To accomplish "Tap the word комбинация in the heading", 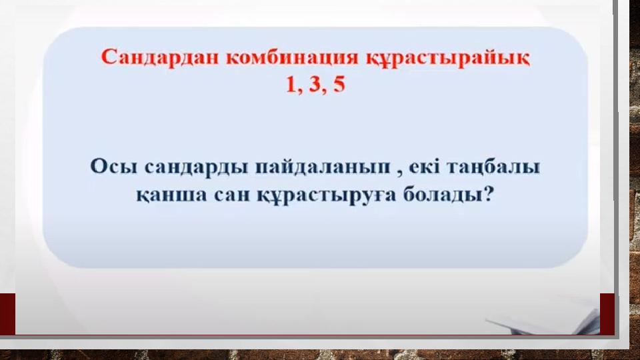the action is click(x=292, y=57).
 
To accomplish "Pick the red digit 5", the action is click(x=339, y=85).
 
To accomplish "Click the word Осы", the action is click(x=113, y=167).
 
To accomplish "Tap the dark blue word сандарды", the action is click(x=196, y=167).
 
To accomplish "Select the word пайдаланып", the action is click(x=323, y=167).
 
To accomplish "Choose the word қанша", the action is click(x=172, y=195).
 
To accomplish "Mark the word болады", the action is click(x=443, y=194).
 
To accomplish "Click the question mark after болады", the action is click(x=488, y=194).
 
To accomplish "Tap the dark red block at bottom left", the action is click(x=7, y=314).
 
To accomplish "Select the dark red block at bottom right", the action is click(x=607, y=314).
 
